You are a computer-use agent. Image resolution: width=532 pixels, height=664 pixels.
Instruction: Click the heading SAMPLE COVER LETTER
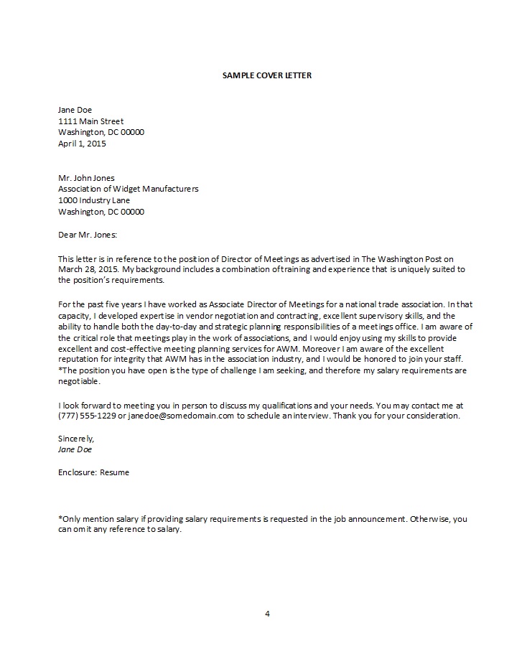(267, 75)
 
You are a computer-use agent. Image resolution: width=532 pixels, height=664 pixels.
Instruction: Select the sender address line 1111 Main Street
(90, 121)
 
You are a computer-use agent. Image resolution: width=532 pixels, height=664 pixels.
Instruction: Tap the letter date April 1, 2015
(81, 144)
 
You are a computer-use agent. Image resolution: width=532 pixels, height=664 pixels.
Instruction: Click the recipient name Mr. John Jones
(85, 178)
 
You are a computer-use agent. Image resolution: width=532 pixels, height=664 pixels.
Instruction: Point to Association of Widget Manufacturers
(128, 189)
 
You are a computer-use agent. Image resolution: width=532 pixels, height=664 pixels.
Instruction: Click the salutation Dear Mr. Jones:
(87, 234)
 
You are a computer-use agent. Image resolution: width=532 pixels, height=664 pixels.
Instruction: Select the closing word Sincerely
(75, 438)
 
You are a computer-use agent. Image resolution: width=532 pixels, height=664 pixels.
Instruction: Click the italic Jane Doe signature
(75, 449)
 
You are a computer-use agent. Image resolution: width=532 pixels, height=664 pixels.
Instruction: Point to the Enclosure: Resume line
(93, 472)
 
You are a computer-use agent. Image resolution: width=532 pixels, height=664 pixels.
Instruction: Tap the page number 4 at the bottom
(267, 614)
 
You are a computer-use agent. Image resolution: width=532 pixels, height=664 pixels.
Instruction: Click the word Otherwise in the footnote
(429, 518)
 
